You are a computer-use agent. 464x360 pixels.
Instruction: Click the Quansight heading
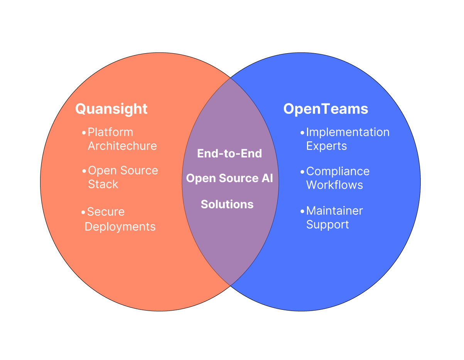tap(111, 109)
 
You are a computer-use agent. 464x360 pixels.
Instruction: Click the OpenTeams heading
tap(326, 109)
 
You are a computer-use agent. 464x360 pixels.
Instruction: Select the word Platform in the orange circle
tap(110, 132)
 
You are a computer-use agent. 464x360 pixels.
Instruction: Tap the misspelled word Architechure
tap(122, 146)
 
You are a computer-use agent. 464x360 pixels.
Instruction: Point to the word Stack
tap(103, 184)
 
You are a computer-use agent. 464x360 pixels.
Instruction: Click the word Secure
tap(106, 212)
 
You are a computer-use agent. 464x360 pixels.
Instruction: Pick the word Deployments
tap(120, 226)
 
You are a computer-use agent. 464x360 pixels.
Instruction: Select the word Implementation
tap(348, 132)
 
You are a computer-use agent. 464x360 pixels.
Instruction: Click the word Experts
tap(326, 146)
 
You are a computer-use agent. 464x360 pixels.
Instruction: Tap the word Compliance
tap(338, 171)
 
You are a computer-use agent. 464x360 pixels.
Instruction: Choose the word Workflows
tap(334, 185)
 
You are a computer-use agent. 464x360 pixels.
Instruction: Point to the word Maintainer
tap(334, 211)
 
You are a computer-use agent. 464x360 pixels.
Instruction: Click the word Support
tap(327, 225)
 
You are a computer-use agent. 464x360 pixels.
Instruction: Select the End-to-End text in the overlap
tap(229, 154)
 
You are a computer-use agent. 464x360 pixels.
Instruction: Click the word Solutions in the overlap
tap(227, 204)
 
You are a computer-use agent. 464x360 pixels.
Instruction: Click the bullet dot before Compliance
tap(302, 172)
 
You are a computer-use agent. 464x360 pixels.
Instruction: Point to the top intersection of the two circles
tap(230, 78)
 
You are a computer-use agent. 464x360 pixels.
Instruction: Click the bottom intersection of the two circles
tap(230, 286)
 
